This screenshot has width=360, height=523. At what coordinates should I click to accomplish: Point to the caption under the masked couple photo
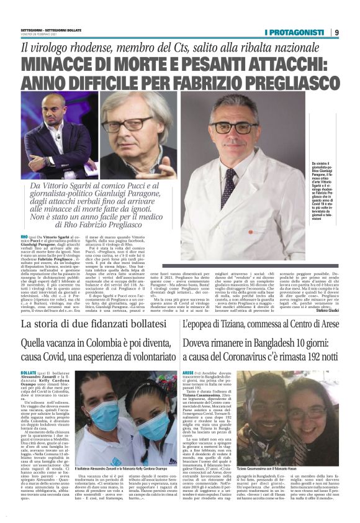tap(125, 468)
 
